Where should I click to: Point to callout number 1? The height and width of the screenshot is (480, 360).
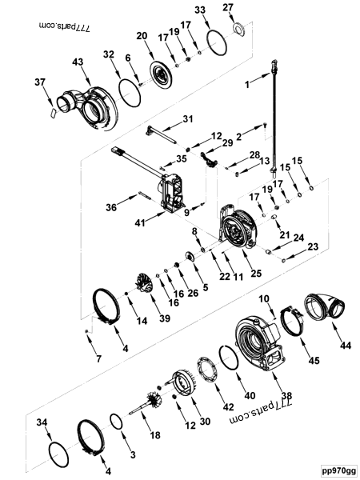click(248, 84)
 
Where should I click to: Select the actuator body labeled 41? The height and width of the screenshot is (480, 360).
click(178, 192)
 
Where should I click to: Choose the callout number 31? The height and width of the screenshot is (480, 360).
click(187, 119)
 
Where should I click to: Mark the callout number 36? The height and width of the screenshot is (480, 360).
click(111, 209)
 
